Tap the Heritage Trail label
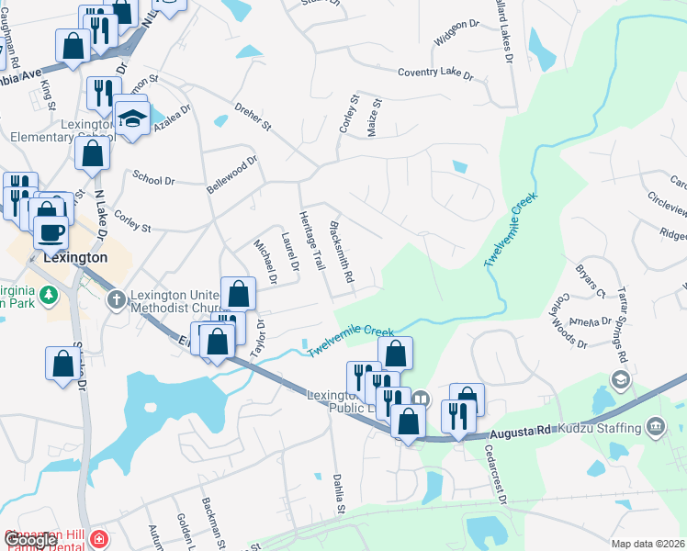pos(311,241)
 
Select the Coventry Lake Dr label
pos(435,73)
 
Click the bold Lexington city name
pos(74,258)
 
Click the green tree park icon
pos(51,295)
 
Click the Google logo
pos(29,540)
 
